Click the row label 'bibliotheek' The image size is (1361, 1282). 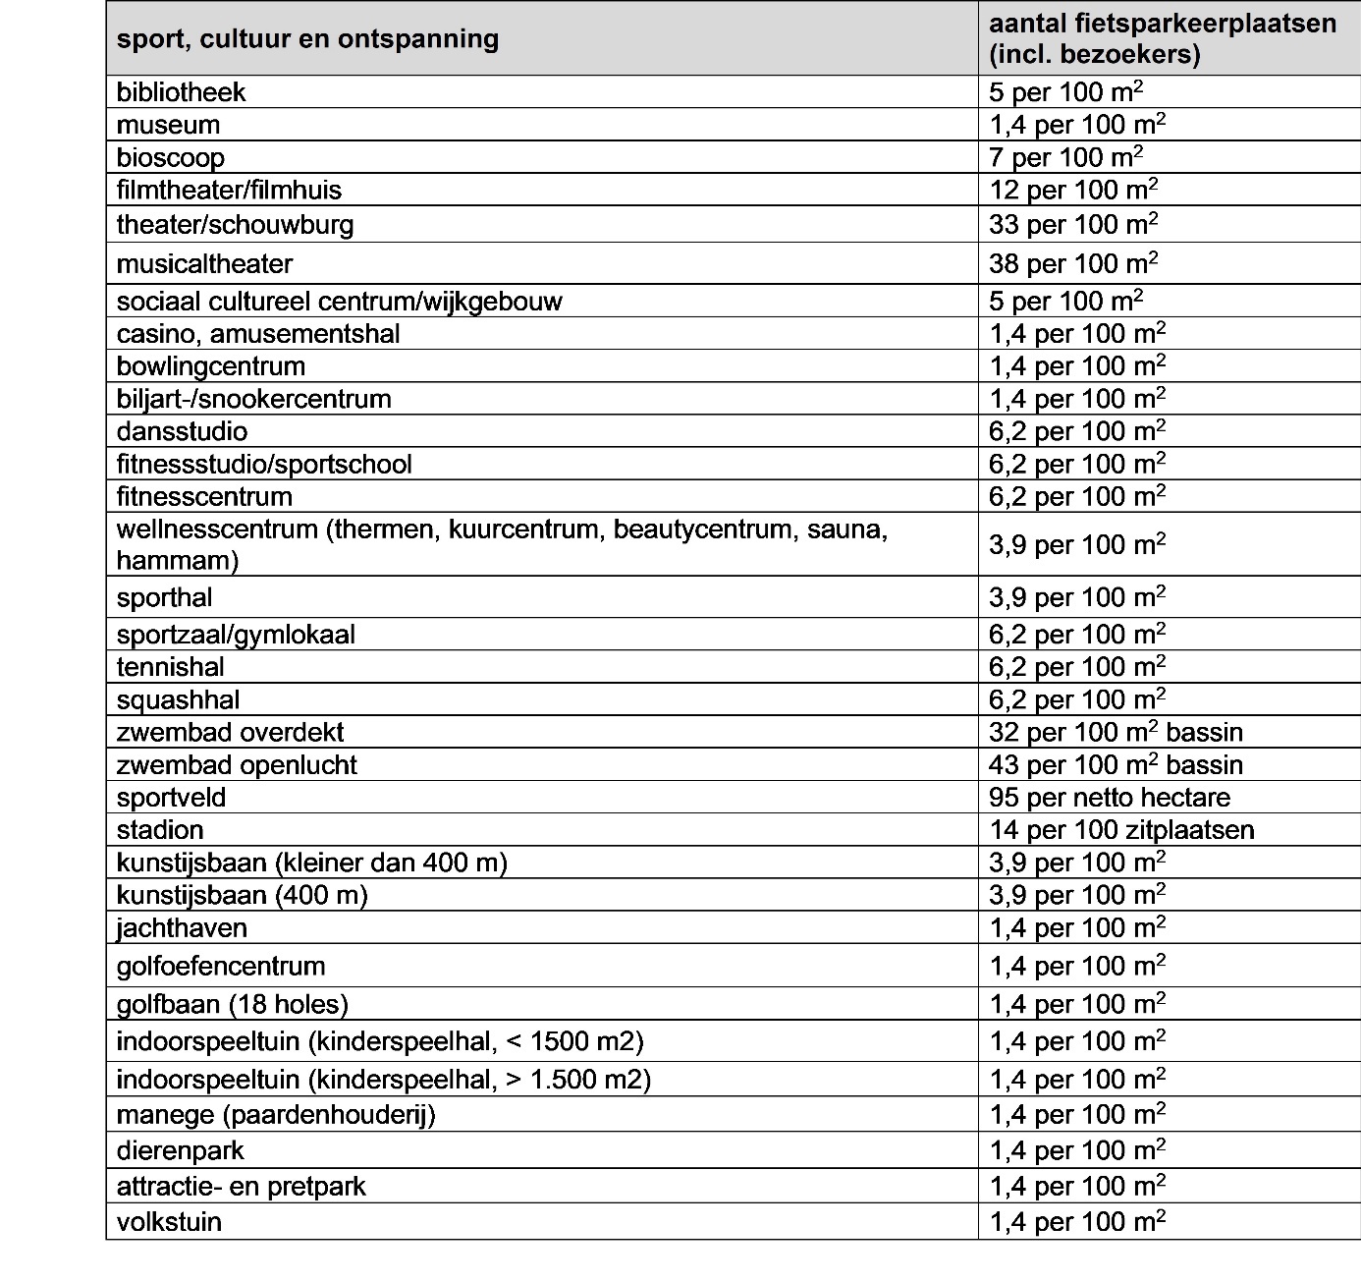(181, 92)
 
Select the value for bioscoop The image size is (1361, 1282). (1065, 157)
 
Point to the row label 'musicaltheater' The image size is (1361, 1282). (204, 263)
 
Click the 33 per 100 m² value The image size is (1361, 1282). (1073, 224)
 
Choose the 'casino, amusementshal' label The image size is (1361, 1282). (258, 334)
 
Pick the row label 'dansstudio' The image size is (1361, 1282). (182, 431)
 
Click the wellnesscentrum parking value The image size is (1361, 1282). (1077, 544)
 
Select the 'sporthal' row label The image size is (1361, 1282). (164, 597)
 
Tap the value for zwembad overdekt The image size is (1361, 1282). (1116, 732)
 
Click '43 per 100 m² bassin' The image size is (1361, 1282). (1116, 764)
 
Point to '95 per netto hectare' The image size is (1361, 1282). (1110, 797)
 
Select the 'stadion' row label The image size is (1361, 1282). (160, 829)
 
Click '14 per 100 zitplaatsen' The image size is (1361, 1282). (1121, 829)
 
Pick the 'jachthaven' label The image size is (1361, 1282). (182, 927)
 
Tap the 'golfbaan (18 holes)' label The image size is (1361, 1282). (233, 1004)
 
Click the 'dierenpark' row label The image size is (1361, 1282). (180, 1150)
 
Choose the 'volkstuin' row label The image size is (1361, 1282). (169, 1222)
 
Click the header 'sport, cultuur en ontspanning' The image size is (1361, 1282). (307, 39)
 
